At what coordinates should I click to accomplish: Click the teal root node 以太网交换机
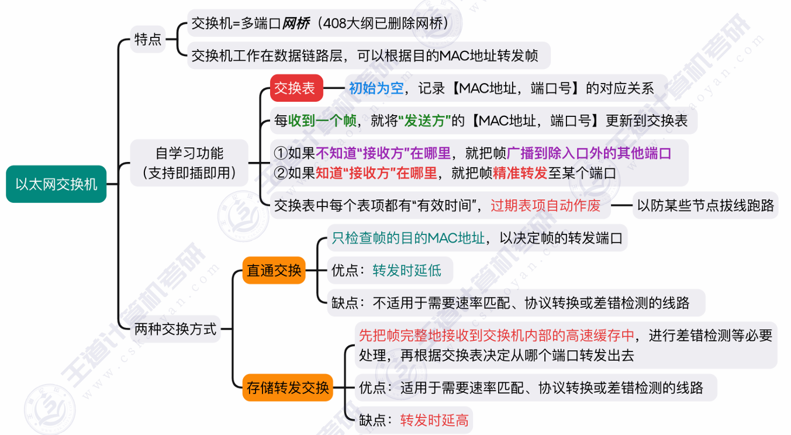[56, 184]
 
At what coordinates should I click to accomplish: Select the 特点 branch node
[148, 40]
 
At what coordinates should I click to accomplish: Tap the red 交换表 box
[296, 88]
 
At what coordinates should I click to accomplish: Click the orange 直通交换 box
[274, 270]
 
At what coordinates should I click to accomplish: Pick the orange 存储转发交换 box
[288, 387]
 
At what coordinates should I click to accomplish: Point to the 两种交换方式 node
[175, 329]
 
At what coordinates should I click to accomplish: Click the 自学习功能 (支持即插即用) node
[189, 163]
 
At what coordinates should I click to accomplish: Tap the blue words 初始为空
[376, 88]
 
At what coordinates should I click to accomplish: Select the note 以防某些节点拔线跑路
[705, 205]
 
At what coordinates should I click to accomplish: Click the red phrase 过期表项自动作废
[545, 205]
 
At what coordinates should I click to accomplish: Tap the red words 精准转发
[520, 173]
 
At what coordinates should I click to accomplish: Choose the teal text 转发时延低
[407, 270]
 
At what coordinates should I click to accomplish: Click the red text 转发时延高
[434, 420]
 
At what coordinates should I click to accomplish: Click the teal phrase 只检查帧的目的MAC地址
[408, 238]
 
